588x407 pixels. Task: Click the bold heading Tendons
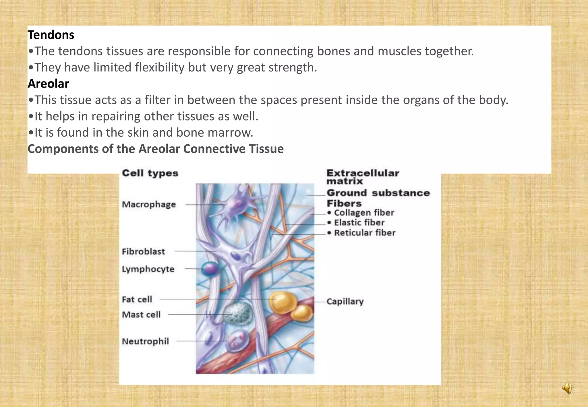point(51,35)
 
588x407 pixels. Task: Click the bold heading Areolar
point(48,84)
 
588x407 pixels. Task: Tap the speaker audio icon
point(567,388)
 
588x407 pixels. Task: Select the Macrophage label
point(149,204)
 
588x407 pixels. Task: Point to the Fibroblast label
point(143,251)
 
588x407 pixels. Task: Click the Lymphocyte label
point(148,269)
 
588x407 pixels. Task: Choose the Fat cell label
point(137,299)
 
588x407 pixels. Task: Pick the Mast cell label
point(141,315)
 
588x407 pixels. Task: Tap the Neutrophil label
point(145,341)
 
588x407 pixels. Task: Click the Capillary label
point(345,301)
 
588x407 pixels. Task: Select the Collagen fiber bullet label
point(364,213)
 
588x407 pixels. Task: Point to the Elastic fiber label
point(359,222)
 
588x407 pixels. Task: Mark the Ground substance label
point(378,193)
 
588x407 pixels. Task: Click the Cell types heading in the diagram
point(150,173)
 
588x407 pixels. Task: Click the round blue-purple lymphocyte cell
point(210,269)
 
